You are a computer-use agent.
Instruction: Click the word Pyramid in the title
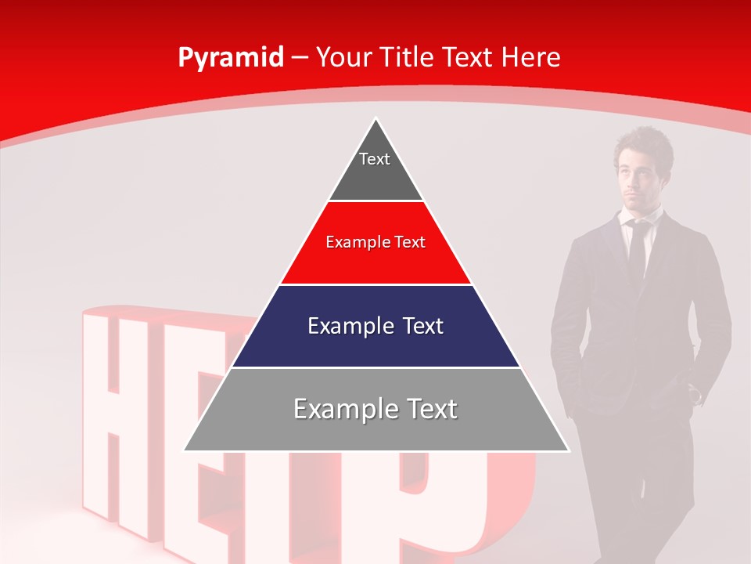pyautogui.click(x=231, y=58)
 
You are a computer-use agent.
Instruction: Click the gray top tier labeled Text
pyautogui.click(x=375, y=168)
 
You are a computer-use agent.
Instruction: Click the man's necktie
pyautogui.click(x=638, y=247)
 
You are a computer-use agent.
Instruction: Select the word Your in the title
pyautogui.click(x=343, y=58)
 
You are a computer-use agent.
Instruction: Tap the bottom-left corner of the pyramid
pyautogui.click(x=185, y=450)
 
